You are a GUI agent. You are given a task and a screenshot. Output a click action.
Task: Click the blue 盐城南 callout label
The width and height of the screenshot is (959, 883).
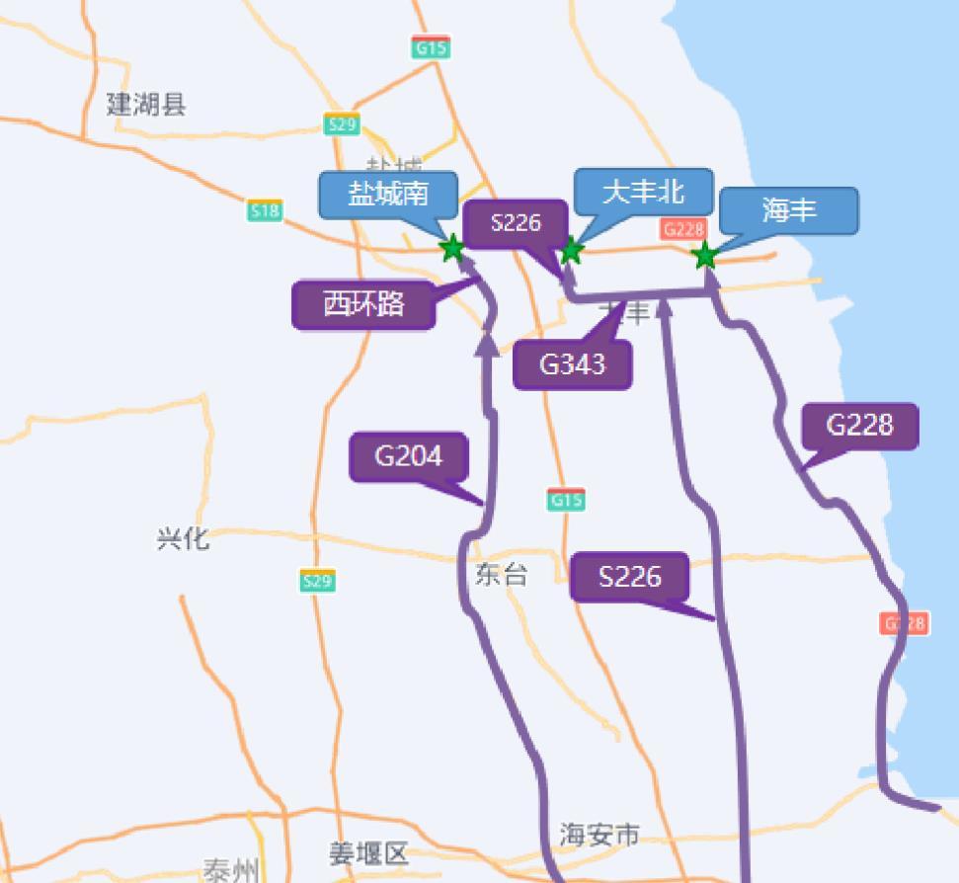[388, 195]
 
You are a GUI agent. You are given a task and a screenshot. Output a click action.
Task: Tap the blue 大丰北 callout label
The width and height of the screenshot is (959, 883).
[643, 192]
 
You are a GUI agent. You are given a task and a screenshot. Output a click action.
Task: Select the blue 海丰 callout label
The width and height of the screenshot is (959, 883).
[788, 210]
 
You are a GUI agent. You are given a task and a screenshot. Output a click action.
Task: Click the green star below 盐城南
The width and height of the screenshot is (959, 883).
[451, 248]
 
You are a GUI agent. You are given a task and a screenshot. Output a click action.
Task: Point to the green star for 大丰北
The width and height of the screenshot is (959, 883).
[570, 251]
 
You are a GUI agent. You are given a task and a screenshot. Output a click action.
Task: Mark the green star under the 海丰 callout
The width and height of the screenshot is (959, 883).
[704, 256]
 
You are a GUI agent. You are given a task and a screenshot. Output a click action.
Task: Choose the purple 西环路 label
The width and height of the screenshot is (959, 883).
[363, 304]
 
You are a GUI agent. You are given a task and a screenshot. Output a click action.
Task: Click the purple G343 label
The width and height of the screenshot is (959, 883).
[572, 364]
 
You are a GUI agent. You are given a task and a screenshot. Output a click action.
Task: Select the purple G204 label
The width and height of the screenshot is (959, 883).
[408, 456]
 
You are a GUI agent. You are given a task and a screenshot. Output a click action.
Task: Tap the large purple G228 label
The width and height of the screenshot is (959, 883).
[859, 426]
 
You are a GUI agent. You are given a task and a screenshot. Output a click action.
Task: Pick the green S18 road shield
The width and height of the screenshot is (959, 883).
[265, 210]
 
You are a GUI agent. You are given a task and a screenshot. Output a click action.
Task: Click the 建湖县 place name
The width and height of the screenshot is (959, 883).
[146, 104]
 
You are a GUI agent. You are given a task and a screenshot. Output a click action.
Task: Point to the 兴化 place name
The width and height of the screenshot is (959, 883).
[183, 538]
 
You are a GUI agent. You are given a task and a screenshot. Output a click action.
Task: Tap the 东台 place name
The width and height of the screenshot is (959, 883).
[502, 575]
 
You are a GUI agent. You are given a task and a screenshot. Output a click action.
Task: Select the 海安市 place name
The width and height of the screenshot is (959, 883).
[599, 836]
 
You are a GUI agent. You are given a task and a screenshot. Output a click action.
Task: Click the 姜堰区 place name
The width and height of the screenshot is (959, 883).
[368, 853]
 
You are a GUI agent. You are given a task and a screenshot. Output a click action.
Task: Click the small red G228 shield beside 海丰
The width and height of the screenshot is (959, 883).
[682, 229]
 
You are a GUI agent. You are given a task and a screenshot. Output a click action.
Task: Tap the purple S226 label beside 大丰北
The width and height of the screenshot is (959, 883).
[516, 223]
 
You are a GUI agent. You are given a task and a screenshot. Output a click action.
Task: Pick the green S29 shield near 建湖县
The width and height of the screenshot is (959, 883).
[341, 124]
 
